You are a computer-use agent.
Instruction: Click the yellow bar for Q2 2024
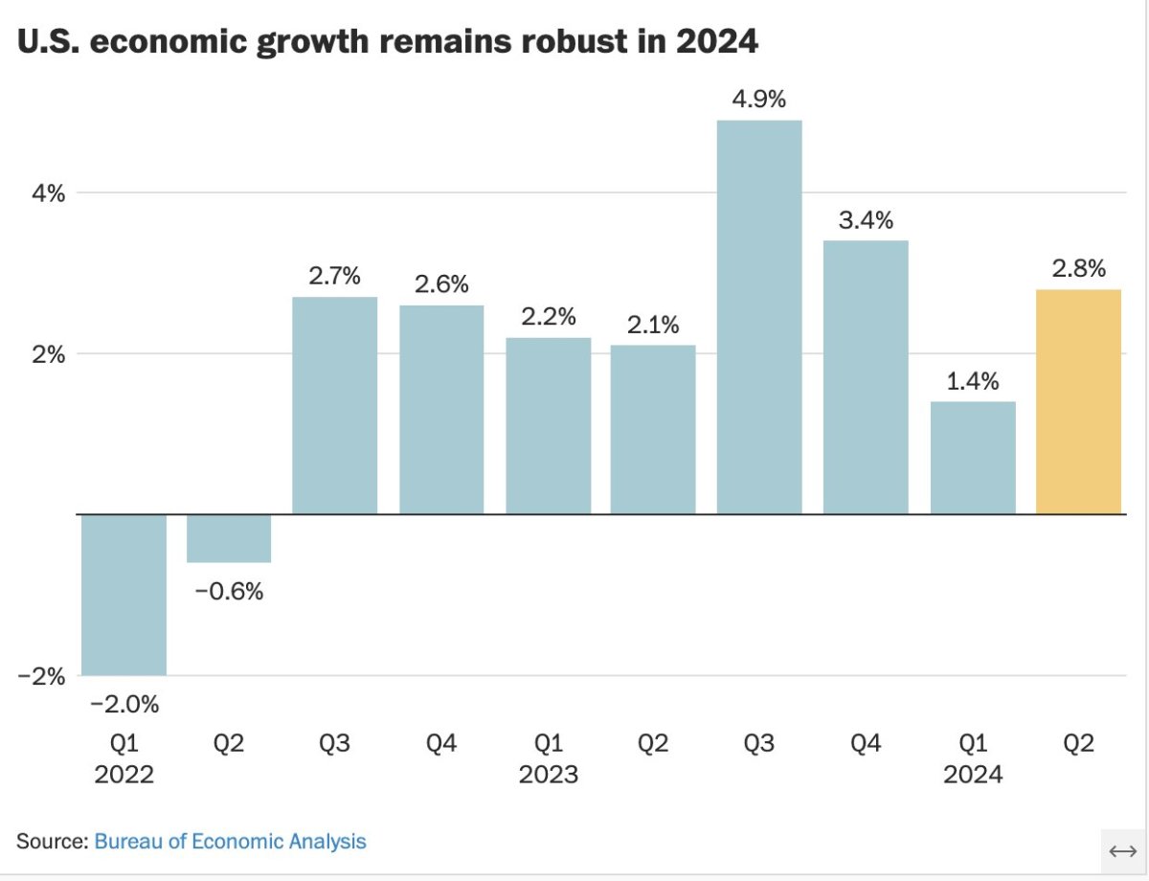pyautogui.click(x=1078, y=401)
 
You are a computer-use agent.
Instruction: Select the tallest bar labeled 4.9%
pyautogui.click(x=759, y=317)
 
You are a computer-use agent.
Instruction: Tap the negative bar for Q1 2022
pyautogui.click(x=124, y=595)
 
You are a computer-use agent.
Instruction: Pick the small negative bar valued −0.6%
pyautogui.click(x=229, y=538)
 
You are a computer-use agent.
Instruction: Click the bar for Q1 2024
pyautogui.click(x=973, y=458)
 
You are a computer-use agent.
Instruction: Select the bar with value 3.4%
pyautogui.click(x=866, y=377)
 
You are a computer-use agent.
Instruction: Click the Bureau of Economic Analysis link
pyautogui.click(x=230, y=842)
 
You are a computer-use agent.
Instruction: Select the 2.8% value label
pyautogui.click(x=1078, y=269)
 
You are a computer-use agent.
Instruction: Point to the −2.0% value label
pyautogui.click(x=124, y=705)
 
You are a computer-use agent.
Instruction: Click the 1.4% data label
pyautogui.click(x=973, y=381)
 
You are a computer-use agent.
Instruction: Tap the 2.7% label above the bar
pyautogui.click(x=334, y=277)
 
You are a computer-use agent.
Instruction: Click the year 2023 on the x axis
pyautogui.click(x=548, y=775)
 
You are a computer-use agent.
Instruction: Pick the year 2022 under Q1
pyautogui.click(x=124, y=775)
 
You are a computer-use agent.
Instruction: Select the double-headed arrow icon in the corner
pyautogui.click(x=1121, y=851)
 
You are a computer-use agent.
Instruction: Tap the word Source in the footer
pyautogui.click(x=51, y=842)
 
